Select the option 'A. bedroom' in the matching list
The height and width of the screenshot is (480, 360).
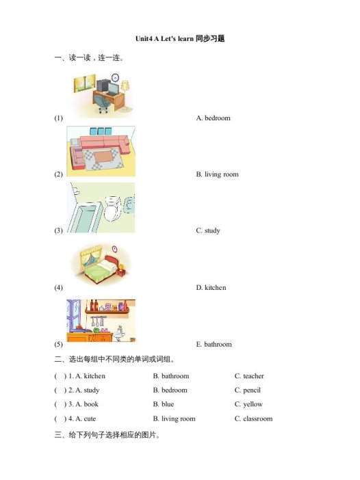click(x=213, y=118)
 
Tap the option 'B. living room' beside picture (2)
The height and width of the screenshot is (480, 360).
click(x=217, y=174)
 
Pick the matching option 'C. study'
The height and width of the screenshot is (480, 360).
click(x=208, y=230)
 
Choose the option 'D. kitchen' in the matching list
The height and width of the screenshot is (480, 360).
click(x=211, y=287)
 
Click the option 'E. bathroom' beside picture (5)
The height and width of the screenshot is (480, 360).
click(x=214, y=344)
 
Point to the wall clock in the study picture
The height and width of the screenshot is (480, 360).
click(x=115, y=77)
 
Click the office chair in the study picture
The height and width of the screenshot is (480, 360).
click(x=103, y=103)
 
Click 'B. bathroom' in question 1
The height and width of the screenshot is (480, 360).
click(x=170, y=376)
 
